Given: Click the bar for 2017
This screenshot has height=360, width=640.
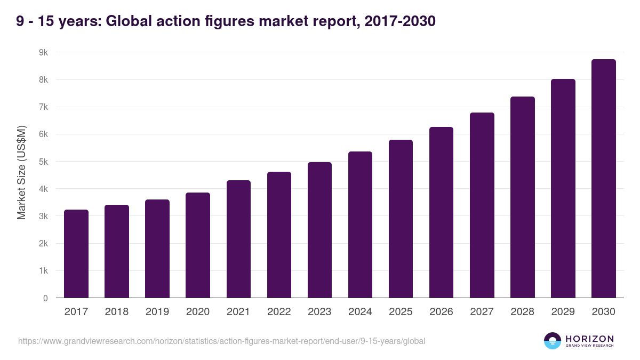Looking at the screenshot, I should tap(76, 254).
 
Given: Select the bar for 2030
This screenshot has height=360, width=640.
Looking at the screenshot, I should tap(603, 179).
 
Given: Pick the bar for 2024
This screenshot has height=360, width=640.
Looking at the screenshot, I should tap(360, 225).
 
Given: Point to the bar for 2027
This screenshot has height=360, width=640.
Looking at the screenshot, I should tap(482, 205).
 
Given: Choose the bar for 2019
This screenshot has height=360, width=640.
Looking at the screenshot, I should tap(157, 249).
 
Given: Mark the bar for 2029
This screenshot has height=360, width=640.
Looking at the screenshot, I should tap(563, 188).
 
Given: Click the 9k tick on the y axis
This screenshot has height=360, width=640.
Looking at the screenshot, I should tap(43, 53).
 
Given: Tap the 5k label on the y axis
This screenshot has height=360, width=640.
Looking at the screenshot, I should tap(43, 162).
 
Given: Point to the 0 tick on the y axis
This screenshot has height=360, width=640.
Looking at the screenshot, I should tap(45, 298).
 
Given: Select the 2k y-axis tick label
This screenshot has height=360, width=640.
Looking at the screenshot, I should tap(43, 244).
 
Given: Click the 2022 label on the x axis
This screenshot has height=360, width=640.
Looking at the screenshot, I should tap(279, 312).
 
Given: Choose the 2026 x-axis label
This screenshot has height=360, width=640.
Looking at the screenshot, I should tap(441, 312).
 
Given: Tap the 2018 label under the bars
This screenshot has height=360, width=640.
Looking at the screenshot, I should tap(117, 312).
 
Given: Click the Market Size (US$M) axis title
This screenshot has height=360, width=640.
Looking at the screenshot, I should tap(21, 172).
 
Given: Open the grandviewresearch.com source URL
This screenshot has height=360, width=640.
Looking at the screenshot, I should tap(222, 341).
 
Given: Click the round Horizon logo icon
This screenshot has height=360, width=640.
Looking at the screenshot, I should tap(553, 341).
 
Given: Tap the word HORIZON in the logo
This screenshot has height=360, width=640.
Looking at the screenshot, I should tap(589, 339).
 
